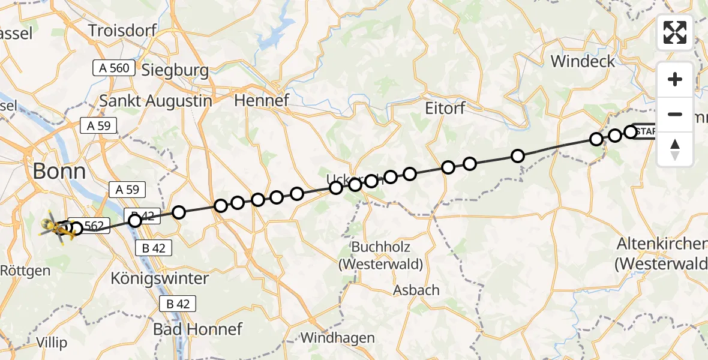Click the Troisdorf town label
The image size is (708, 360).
pyautogui.click(x=122, y=30)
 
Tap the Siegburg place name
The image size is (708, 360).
pyautogui.click(x=175, y=71)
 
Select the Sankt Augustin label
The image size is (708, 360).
pyautogui.click(x=155, y=101)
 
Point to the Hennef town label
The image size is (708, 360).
pyautogui.click(x=262, y=100)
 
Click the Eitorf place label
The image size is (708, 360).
pyautogui.click(x=445, y=108)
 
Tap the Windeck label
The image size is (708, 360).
pyautogui.click(x=583, y=61)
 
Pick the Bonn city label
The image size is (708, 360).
pyautogui.click(x=59, y=172)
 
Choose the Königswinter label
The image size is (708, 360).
pyautogui.click(x=160, y=278)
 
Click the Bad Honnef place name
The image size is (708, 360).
pyautogui.click(x=197, y=329)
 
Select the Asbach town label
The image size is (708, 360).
pyautogui.click(x=416, y=290)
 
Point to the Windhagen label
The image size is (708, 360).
pyautogui.click(x=337, y=338)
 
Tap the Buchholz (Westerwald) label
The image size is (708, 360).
pyautogui.click(x=380, y=256)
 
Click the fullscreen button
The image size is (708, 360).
pyautogui.click(x=675, y=32)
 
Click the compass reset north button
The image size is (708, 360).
pyautogui.click(x=675, y=149)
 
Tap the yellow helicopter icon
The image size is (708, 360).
pyautogui.click(x=56, y=228)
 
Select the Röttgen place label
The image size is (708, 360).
pyautogui.click(x=26, y=271)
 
